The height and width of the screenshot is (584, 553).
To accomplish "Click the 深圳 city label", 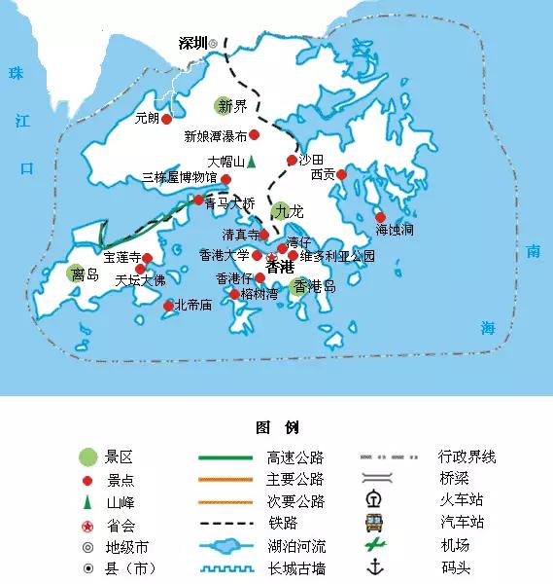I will pyautogui.click(x=193, y=43).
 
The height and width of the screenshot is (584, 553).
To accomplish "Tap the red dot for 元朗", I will pyautogui.click(x=166, y=119).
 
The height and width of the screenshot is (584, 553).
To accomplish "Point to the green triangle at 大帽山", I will pyautogui.click(x=251, y=161).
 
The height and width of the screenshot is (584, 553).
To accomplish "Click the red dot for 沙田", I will pyautogui.click(x=292, y=161).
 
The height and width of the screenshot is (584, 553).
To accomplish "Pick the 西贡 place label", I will pyautogui.click(x=323, y=175).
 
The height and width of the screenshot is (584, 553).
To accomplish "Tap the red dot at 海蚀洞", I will pyautogui.click(x=380, y=217).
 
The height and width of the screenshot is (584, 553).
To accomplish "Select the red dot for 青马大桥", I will pyautogui.click(x=199, y=201).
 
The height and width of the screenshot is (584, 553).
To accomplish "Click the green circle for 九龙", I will pyautogui.click(x=280, y=209).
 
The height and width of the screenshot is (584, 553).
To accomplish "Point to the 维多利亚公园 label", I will pyautogui.click(x=337, y=256).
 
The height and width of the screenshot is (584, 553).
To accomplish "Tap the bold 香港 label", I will pyautogui.click(x=279, y=266).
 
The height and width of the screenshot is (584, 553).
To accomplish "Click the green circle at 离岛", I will pyautogui.click(x=76, y=274).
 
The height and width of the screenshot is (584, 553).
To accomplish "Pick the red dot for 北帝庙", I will pyautogui.click(x=168, y=306).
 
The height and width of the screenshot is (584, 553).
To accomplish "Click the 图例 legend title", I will pyautogui.click(x=276, y=427).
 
